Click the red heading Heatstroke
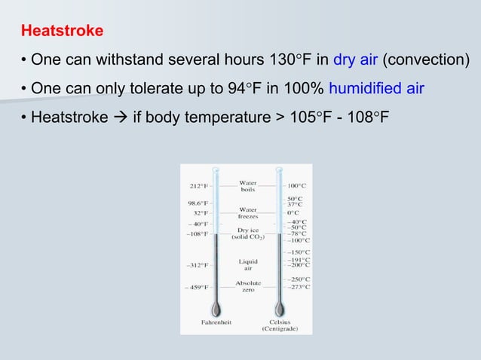click(x=63, y=32)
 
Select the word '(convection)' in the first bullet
click(x=424, y=59)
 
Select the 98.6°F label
click(x=198, y=203)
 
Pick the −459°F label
click(x=196, y=287)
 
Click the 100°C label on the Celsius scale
click(x=297, y=183)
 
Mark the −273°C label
click(x=297, y=287)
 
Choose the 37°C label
click(x=295, y=203)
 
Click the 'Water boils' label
click(x=248, y=186)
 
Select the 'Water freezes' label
click(x=248, y=213)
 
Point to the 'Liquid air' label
click(x=248, y=264)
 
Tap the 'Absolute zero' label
click(x=248, y=286)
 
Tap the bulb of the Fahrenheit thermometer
click(x=216, y=308)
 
